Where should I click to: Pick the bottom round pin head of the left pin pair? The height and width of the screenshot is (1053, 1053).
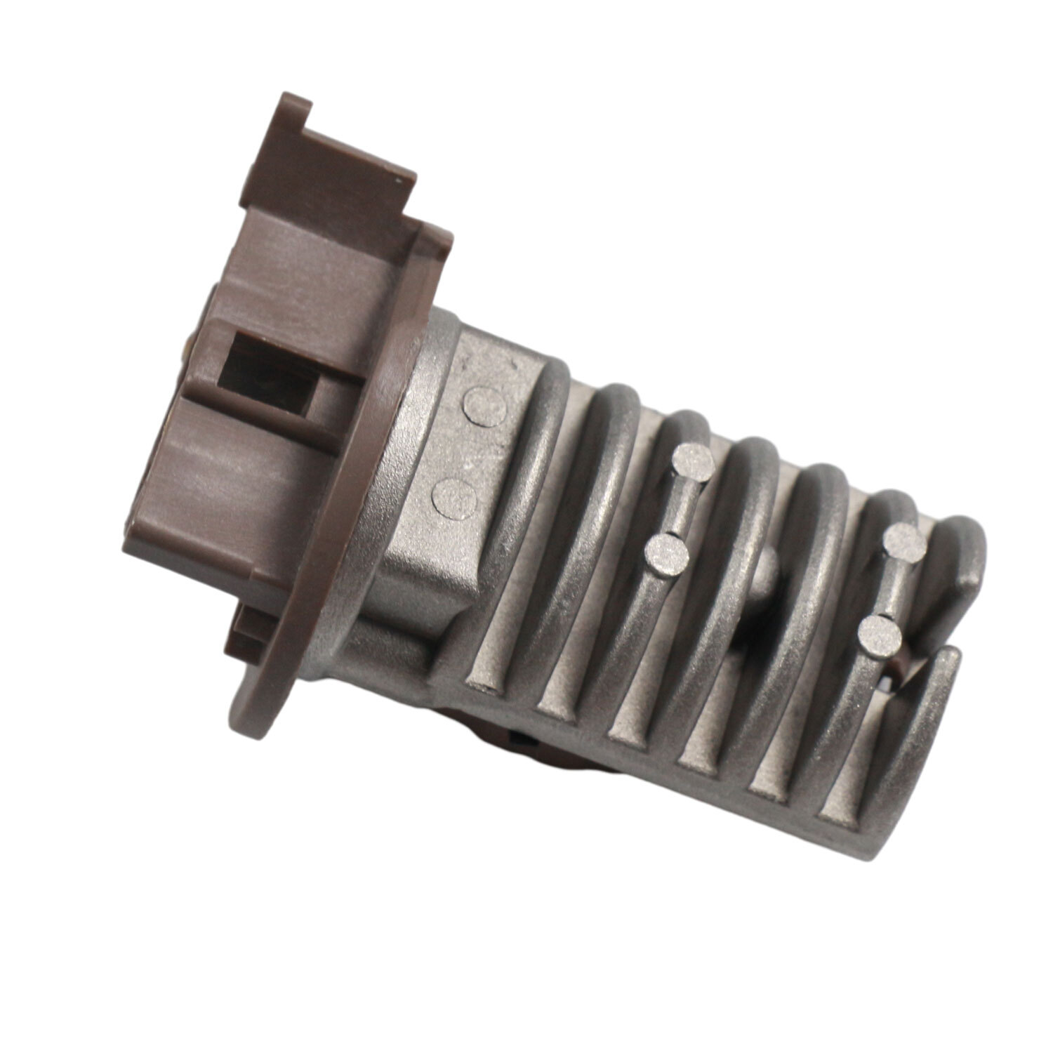[667, 552]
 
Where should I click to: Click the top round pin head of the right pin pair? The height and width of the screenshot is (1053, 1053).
[903, 541]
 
